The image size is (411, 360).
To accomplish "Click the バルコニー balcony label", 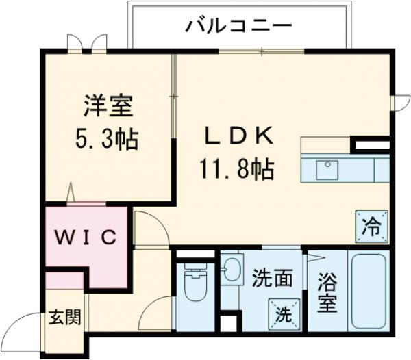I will click(x=239, y=27).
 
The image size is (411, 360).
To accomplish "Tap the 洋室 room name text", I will click(x=105, y=109).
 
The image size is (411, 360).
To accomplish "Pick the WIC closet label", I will click(x=86, y=237).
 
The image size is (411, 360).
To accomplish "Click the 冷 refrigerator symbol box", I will click(x=371, y=224).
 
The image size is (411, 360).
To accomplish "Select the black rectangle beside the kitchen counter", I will click(x=371, y=145).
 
